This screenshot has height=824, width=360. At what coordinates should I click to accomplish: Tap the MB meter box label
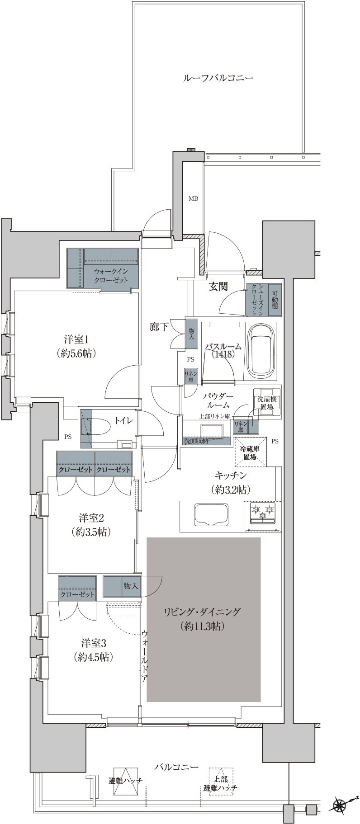193,198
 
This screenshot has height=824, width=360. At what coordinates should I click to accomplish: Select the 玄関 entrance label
218,286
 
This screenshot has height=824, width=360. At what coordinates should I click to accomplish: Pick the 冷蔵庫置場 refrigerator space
250,452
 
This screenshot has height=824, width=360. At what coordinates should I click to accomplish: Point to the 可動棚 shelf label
275,299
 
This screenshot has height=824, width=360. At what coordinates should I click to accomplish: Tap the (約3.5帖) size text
91,532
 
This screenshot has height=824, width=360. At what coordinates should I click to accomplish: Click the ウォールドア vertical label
144,655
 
